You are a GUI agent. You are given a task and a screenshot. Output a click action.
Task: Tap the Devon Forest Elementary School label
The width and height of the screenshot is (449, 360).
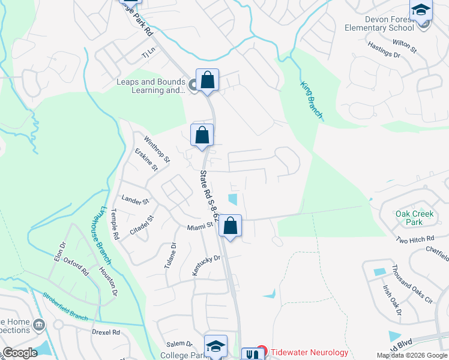[x=379, y=23]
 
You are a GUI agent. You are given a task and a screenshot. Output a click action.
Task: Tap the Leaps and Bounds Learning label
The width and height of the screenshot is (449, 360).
[x=151, y=86]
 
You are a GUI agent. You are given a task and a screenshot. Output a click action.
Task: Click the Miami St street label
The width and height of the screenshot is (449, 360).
[x=200, y=226]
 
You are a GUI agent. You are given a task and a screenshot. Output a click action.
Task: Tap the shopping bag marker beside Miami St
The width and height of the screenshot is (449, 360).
[x=230, y=226]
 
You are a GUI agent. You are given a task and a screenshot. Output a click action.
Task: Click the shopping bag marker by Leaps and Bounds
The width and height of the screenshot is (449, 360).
[x=207, y=80]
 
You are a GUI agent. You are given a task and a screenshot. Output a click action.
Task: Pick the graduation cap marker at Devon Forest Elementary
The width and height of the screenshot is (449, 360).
[x=421, y=11]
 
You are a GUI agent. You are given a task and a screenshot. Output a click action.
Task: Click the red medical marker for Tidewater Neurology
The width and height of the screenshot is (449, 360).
[x=261, y=350]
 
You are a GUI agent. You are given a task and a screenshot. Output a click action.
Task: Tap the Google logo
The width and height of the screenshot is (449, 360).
[x=20, y=353]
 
